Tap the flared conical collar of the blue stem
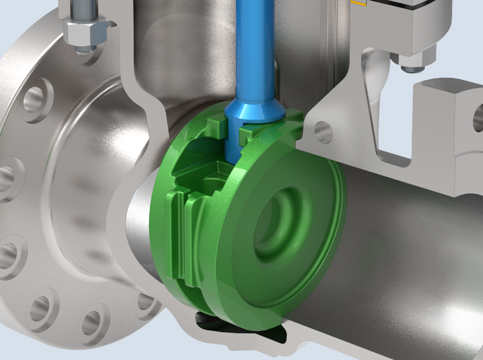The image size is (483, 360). (255, 111)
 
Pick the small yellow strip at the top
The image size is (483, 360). (358, 3)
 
